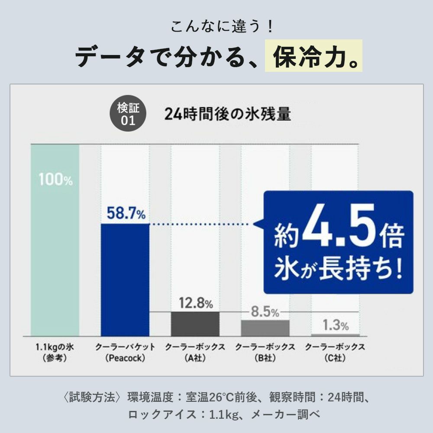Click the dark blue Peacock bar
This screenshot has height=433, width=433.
click(125, 279)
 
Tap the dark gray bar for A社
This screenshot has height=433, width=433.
click(195, 324)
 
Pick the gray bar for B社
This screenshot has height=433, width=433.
click(265, 328)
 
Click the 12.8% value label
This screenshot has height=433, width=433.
click(196, 303)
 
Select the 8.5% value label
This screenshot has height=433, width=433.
click(265, 312)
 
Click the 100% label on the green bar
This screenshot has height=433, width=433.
click(55, 179)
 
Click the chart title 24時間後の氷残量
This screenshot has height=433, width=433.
click(227, 115)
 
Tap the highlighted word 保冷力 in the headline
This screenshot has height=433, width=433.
click(313, 56)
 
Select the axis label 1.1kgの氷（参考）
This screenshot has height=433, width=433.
click(55, 352)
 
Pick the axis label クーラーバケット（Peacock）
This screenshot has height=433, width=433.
click(125, 352)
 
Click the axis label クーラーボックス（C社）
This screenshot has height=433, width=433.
click(335, 352)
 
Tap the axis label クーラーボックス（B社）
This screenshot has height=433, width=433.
click(265, 352)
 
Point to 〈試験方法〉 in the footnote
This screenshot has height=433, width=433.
click(92, 397)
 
